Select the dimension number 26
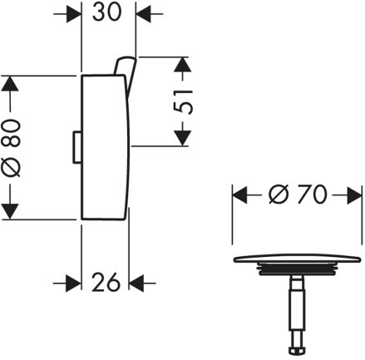click(x=106, y=282)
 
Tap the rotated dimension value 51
click(x=183, y=101)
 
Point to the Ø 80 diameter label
click(x=11, y=148)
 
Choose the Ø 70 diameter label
click(x=298, y=195)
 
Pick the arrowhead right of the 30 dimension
click(x=143, y=13)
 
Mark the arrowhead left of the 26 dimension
click(x=73, y=284)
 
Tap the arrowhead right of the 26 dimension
click(x=136, y=284)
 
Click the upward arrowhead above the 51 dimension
click(x=183, y=64)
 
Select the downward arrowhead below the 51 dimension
click(x=183, y=138)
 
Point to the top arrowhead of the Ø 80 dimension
click(x=10, y=83)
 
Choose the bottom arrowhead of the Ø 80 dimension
click(x=10, y=211)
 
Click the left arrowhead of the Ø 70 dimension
click(x=239, y=195)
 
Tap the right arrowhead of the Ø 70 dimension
click(x=354, y=195)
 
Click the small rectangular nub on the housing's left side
click(x=77, y=147)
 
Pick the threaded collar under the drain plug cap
click(x=297, y=269)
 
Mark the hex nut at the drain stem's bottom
click(x=297, y=350)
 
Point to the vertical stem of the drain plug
click(x=297, y=309)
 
